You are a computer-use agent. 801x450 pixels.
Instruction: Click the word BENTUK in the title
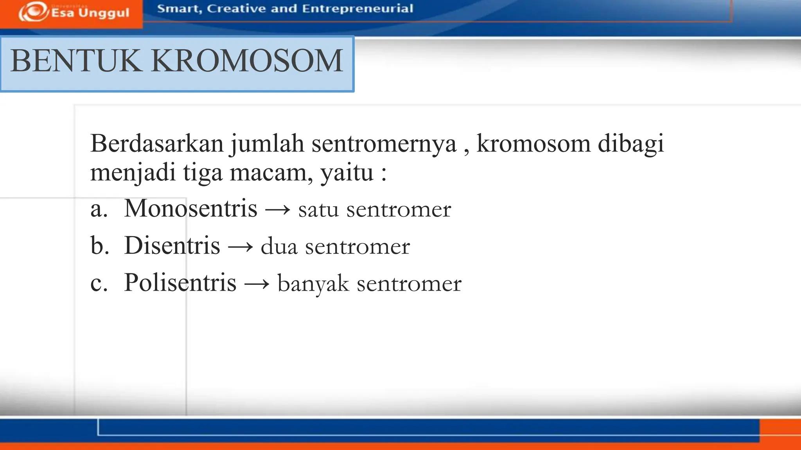[x=76, y=61]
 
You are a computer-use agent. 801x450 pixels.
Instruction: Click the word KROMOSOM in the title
[x=247, y=61]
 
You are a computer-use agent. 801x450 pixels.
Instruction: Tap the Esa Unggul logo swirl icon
[x=34, y=12]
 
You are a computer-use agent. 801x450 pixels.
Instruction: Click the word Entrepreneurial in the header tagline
[x=357, y=9]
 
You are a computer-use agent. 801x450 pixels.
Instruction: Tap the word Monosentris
[x=190, y=208]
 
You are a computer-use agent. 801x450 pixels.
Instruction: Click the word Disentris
[x=172, y=246]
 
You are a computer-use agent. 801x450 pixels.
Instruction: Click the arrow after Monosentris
[x=278, y=210]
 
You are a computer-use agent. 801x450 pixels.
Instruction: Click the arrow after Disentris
[x=240, y=247]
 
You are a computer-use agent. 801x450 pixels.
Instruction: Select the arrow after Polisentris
[x=257, y=284]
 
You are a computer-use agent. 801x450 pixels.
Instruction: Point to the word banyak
[x=313, y=284]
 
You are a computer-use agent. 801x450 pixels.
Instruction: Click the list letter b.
[x=100, y=246]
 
